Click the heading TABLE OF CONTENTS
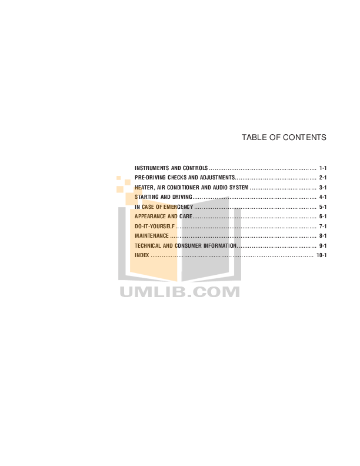click(284, 137)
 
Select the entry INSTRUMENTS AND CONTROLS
click(171, 168)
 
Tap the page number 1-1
click(323, 168)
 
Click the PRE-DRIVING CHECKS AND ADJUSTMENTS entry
click(185, 178)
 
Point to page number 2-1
click(323, 178)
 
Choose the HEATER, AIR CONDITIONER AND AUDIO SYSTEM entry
click(192, 188)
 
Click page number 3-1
click(323, 188)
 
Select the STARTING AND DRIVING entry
click(164, 197)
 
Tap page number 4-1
click(323, 197)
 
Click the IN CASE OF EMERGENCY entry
click(164, 207)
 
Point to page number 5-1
click(323, 207)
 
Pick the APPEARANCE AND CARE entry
click(164, 217)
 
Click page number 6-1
click(323, 217)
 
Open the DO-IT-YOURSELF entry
click(155, 227)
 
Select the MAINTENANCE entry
click(152, 236)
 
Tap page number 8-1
click(323, 236)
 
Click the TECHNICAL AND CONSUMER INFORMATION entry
click(186, 246)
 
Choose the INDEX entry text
click(142, 255)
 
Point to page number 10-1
click(321, 255)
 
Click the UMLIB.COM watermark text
click(179, 292)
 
